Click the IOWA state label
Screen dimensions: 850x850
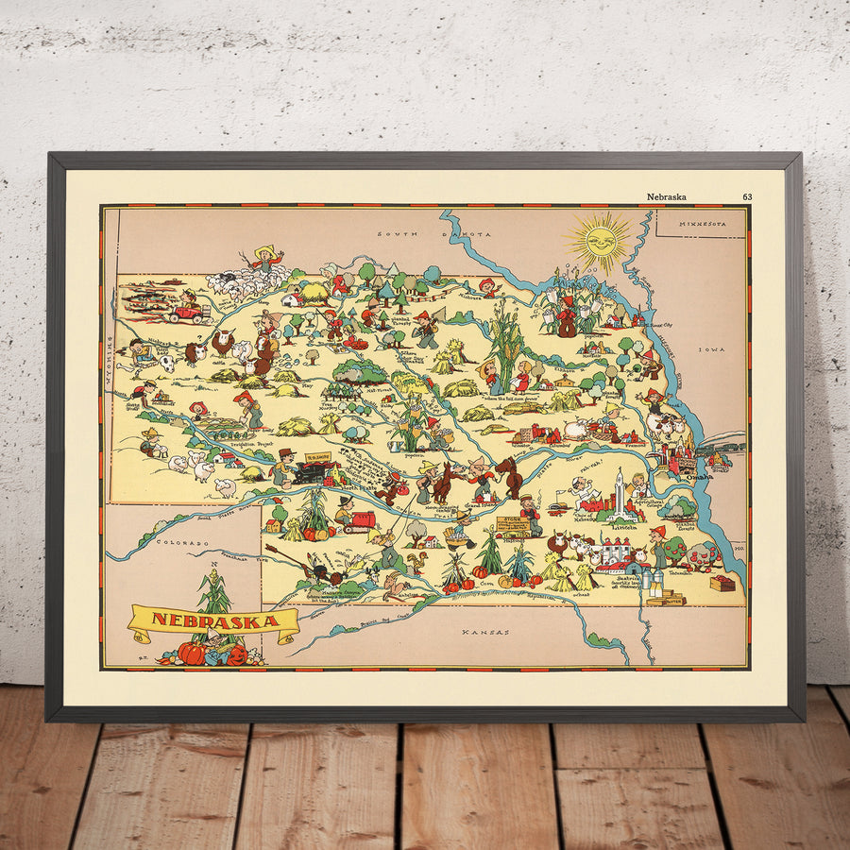pyautogui.click(x=709, y=348)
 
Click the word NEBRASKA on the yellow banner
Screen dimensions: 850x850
pyautogui.click(x=214, y=620)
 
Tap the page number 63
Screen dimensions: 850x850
pyautogui.click(x=747, y=196)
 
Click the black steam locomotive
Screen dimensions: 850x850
pyautogui.click(x=309, y=472)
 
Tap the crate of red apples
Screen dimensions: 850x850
pyautogui.click(x=722, y=583)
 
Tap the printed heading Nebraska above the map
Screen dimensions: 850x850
pyautogui.click(x=667, y=196)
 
